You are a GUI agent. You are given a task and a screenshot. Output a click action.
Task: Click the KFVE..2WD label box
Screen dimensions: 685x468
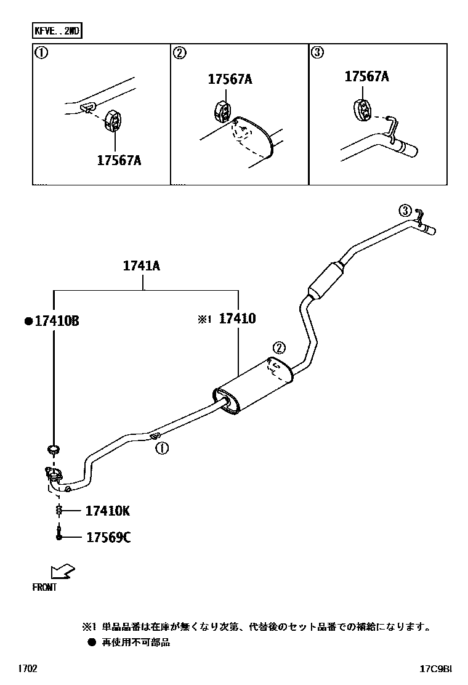57,30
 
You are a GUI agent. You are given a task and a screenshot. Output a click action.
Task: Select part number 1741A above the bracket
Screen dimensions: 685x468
142,266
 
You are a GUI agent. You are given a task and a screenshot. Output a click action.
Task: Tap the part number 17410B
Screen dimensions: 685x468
57,320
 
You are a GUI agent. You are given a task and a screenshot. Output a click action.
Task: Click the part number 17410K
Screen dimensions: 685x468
107,511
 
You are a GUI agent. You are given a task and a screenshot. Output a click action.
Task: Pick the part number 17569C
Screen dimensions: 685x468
108,538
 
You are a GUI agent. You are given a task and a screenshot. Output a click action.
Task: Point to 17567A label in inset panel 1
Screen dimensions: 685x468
119,160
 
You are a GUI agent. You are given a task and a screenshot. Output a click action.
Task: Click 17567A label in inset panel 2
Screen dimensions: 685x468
230,79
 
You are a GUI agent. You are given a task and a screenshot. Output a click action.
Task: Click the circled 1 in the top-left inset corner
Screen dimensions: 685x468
41,53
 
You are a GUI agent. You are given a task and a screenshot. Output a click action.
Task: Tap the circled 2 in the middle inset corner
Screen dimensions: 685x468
179,53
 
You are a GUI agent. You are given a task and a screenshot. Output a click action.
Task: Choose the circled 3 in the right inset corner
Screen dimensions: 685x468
317,53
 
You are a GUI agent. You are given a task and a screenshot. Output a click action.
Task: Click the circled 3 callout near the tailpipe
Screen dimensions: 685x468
405,211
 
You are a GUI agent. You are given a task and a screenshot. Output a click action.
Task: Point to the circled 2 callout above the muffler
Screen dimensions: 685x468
278,347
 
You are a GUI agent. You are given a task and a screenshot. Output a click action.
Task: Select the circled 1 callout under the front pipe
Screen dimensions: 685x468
161,448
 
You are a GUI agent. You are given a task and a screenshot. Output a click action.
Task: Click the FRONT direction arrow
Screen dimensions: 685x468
62,572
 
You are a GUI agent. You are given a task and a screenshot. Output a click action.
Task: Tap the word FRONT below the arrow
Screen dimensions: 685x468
44,588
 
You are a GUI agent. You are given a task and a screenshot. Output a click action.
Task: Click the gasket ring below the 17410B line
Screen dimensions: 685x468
54,448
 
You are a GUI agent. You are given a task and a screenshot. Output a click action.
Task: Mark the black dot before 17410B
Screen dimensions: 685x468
28,321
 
